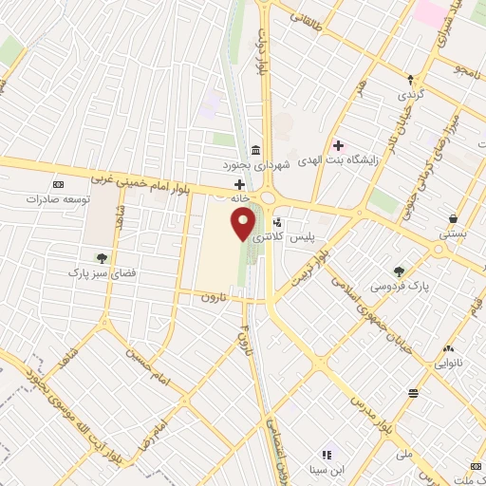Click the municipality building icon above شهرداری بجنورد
pos(256,151)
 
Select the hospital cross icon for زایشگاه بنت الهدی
pos(337,145)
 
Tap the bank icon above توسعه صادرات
pos(59,184)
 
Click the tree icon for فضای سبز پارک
pos(102,256)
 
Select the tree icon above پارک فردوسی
pos(400,271)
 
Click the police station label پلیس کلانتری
pos(313,232)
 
